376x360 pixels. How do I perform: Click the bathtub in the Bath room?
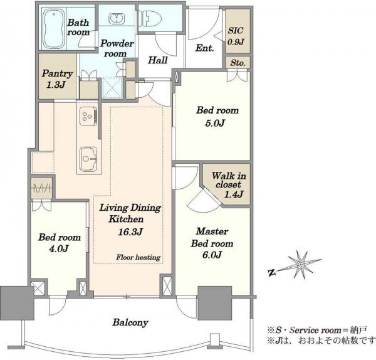click(54, 29)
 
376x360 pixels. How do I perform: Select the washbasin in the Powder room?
click(117, 18)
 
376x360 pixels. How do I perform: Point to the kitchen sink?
click(88, 159)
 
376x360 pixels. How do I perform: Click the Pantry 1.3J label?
click(57, 79)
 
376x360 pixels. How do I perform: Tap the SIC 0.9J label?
click(236, 36)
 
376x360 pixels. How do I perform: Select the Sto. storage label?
click(238, 63)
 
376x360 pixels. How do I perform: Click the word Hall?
click(157, 60)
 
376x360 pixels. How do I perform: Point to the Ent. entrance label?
click(204, 48)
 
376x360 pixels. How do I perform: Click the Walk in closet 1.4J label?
click(229, 185)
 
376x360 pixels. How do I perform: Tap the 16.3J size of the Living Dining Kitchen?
click(130, 232)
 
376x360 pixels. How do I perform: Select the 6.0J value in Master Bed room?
click(212, 255)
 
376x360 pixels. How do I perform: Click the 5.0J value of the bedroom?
click(215, 123)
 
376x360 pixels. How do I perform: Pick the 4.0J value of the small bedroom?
click(59, 248)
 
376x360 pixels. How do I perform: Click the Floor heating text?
click(138, 257)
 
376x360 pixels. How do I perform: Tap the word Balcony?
click(130, 322)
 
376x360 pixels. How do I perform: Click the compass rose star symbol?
click(301, 265)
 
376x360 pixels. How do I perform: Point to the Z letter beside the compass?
click(272, 272)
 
